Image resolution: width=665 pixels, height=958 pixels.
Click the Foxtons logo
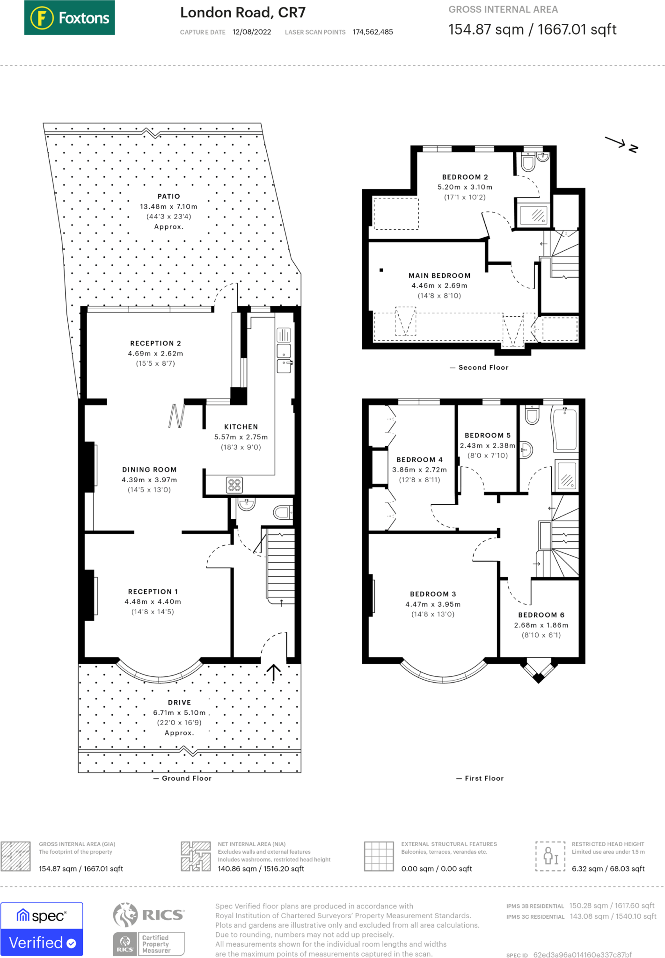pos(69,18)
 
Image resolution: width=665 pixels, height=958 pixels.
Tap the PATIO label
pos(168,196)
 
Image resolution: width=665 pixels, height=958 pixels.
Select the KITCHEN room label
pos(241,427)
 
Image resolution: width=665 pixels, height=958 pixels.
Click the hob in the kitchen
pos(234,485)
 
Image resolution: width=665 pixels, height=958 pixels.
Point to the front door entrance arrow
pos(274,672)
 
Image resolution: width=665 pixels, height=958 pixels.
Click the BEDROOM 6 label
pos(541,615)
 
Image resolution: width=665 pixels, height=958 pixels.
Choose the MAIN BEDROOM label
pos(439,276)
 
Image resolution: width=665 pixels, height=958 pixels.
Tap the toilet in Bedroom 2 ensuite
pos(528,162)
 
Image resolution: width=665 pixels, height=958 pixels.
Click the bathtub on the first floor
pos(565,429)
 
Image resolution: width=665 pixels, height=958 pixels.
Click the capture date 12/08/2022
pos(252,32)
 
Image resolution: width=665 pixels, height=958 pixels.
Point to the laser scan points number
pos(373,32)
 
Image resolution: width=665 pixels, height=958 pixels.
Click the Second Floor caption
pos(483,368)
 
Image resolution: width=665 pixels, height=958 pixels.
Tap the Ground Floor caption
pos(187,778)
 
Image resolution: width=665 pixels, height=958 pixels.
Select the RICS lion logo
pos(125,915)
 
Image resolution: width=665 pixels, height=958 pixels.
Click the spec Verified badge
pos(42,929)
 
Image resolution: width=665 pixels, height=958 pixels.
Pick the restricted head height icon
pos(550,856)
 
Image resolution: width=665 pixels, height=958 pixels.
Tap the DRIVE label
pos(179,703)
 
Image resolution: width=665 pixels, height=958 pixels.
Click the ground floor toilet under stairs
pos(282,513)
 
